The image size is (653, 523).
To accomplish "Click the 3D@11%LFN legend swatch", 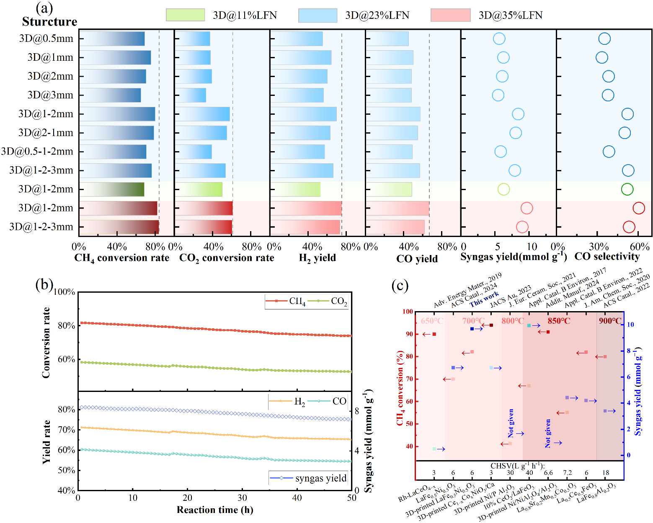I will point(185,15).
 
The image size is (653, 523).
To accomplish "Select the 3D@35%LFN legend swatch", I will point(450,15).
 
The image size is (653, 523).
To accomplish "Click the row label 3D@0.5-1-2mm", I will point(37,151).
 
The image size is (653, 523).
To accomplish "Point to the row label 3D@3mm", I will point(50,95).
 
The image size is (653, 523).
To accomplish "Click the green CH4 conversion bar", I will point(112,189).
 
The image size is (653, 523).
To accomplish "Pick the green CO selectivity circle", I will point(627,189).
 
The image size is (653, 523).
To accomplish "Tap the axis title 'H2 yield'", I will point(317,258).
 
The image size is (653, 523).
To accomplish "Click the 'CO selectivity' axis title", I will point(607,257).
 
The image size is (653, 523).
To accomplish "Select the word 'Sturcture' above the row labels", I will point(49,22).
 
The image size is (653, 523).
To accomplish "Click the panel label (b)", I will point(44,285).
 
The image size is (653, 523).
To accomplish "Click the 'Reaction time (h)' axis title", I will point(214,510).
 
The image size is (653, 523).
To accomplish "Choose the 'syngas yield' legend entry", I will point(320,478).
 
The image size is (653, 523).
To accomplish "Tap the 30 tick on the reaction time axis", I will point(242,498).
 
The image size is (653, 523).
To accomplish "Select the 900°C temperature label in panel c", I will point(610,321).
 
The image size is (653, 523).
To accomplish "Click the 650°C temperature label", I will point(432,321).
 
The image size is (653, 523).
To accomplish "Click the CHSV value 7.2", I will point(567,473).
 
